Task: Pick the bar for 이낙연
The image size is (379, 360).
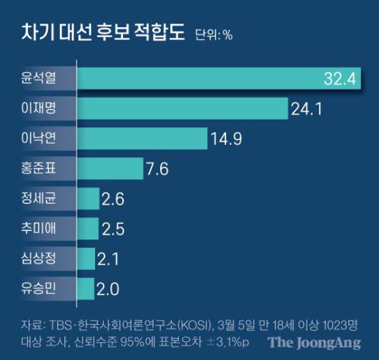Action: (141, 138)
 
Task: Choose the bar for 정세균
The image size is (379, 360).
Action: (87, 198)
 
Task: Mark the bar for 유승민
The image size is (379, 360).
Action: (85, 289)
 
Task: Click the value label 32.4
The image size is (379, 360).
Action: (339, 79)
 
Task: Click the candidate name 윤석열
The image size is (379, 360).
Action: (38, 79)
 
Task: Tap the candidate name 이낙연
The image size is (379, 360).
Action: (38, 139)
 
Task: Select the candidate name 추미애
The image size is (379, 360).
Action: (38, 229)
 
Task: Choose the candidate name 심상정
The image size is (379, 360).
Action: (38, 259)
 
